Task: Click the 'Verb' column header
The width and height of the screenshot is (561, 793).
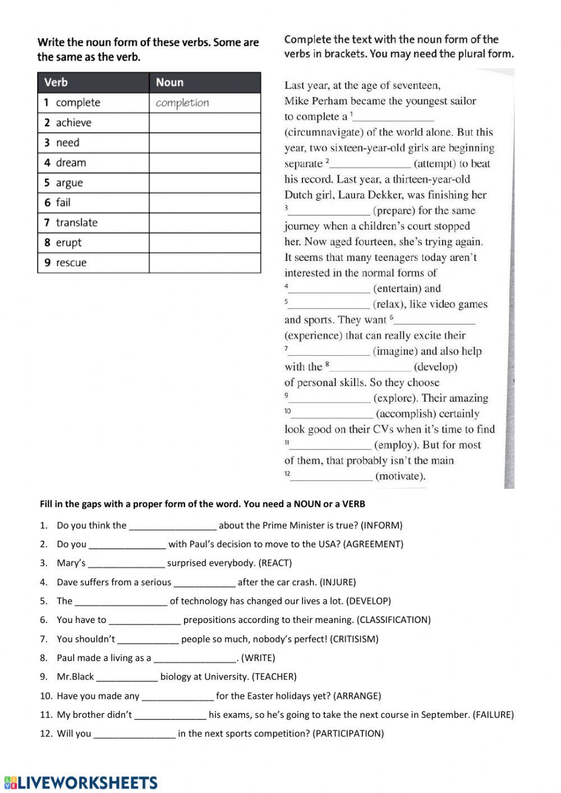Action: click(x=56, y=82)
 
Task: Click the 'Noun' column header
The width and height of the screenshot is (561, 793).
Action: click(x=169, y=82)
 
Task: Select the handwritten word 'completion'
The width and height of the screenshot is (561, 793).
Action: click(x=182, y=103)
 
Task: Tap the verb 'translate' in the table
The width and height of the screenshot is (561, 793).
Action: click(x=76, y=223)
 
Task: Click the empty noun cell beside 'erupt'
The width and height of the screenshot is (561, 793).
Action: click(x=205, y=243)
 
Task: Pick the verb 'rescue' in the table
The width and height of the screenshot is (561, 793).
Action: click(x=71, y=263)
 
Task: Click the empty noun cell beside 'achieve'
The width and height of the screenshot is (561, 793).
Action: click(x=205, y=123)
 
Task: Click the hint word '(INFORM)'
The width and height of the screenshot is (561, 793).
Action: click(x=381, y=525)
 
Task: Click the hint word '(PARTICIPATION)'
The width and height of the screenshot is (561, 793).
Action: click(x=348, y=734)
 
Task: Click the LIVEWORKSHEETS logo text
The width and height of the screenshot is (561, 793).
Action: click(x=88, y=782)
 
